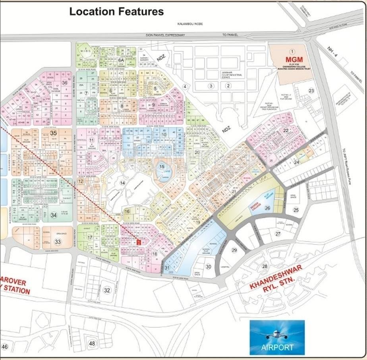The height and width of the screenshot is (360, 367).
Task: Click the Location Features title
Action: click(x=116, y=12)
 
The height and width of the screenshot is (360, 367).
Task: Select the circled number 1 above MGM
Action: click(x=292, y=51)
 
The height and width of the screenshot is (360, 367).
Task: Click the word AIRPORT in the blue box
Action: click(x=277, y=347)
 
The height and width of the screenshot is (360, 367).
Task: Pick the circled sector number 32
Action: click(x=106, y=290)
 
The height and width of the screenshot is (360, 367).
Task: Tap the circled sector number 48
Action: click(x=92, y=343)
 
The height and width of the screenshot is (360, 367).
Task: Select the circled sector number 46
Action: click(x=4, y=347)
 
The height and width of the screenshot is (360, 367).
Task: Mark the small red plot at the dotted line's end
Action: click(x=138, y=242)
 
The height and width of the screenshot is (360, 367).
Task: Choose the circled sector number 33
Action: click(x=58, y=241)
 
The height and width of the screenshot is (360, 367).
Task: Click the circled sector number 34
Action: click(x=54, y=215)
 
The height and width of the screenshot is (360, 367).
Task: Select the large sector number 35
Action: click(x=54, y=133)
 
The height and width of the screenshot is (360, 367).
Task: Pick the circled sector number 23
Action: click(x=311, y=91)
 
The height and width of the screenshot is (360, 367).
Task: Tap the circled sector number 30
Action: click(x=209, y=266)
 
